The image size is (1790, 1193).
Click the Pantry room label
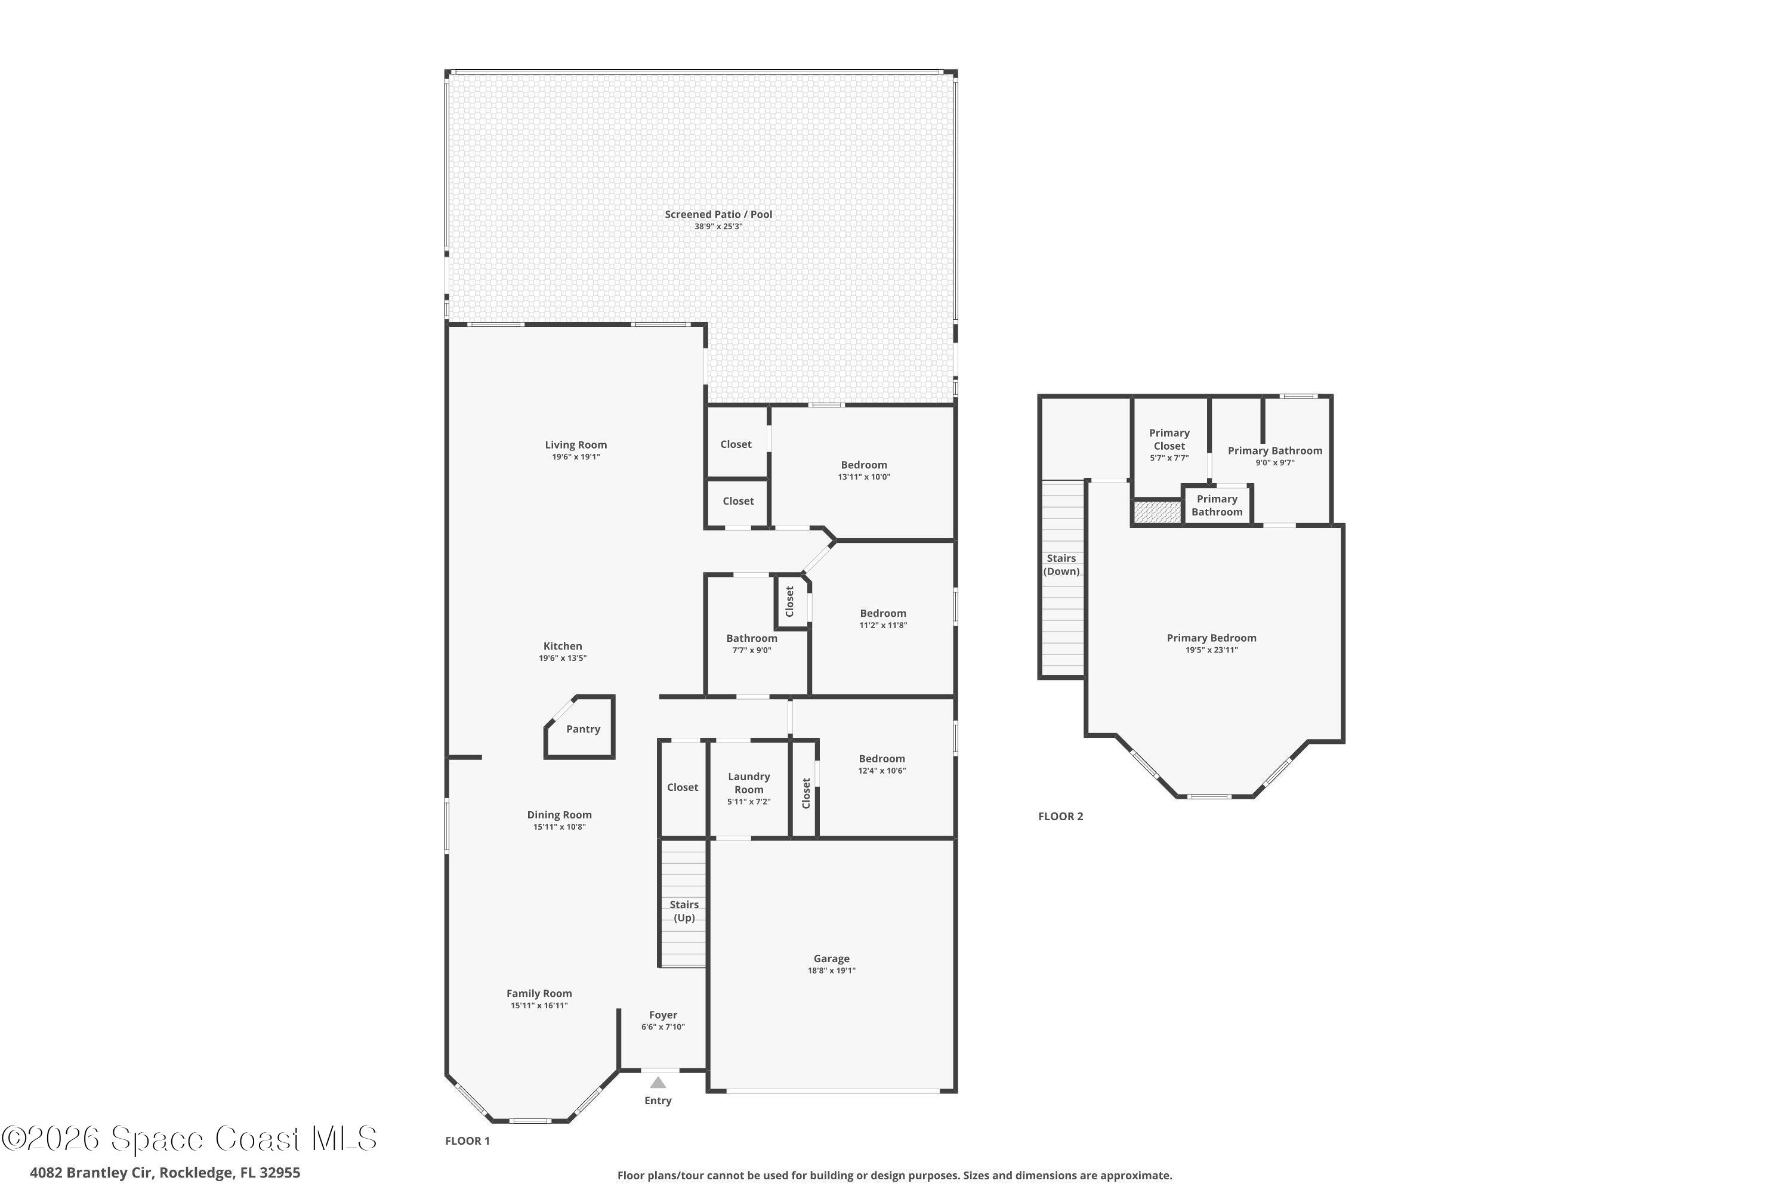[x=583, y=729]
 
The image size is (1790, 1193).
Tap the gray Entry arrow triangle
[x=658, y=1083]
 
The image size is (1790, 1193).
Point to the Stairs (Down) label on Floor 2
[x=1061, y=564]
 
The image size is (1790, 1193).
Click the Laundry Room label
[x=749, y=783]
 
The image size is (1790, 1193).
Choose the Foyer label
[x=663, y=1015]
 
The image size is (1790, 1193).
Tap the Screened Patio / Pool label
[x=718, y=215]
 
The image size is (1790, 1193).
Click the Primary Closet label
[x=1169, y=439]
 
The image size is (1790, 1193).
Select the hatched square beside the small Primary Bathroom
[x=1157, y=512]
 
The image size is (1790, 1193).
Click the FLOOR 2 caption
[x=1060, y=817]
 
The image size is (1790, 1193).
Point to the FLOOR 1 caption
[x=467, y=1141]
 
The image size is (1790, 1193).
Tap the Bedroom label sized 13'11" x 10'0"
[x=864, y=465]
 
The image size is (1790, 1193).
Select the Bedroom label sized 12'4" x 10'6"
[x=882, y=759]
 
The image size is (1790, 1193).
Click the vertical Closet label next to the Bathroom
[x=790, y=601]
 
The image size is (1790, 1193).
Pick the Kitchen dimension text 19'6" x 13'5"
[x=563, y=658]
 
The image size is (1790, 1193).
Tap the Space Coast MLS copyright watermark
[x=189, y=1138]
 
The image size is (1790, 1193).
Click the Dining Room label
[x=560, y=814]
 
